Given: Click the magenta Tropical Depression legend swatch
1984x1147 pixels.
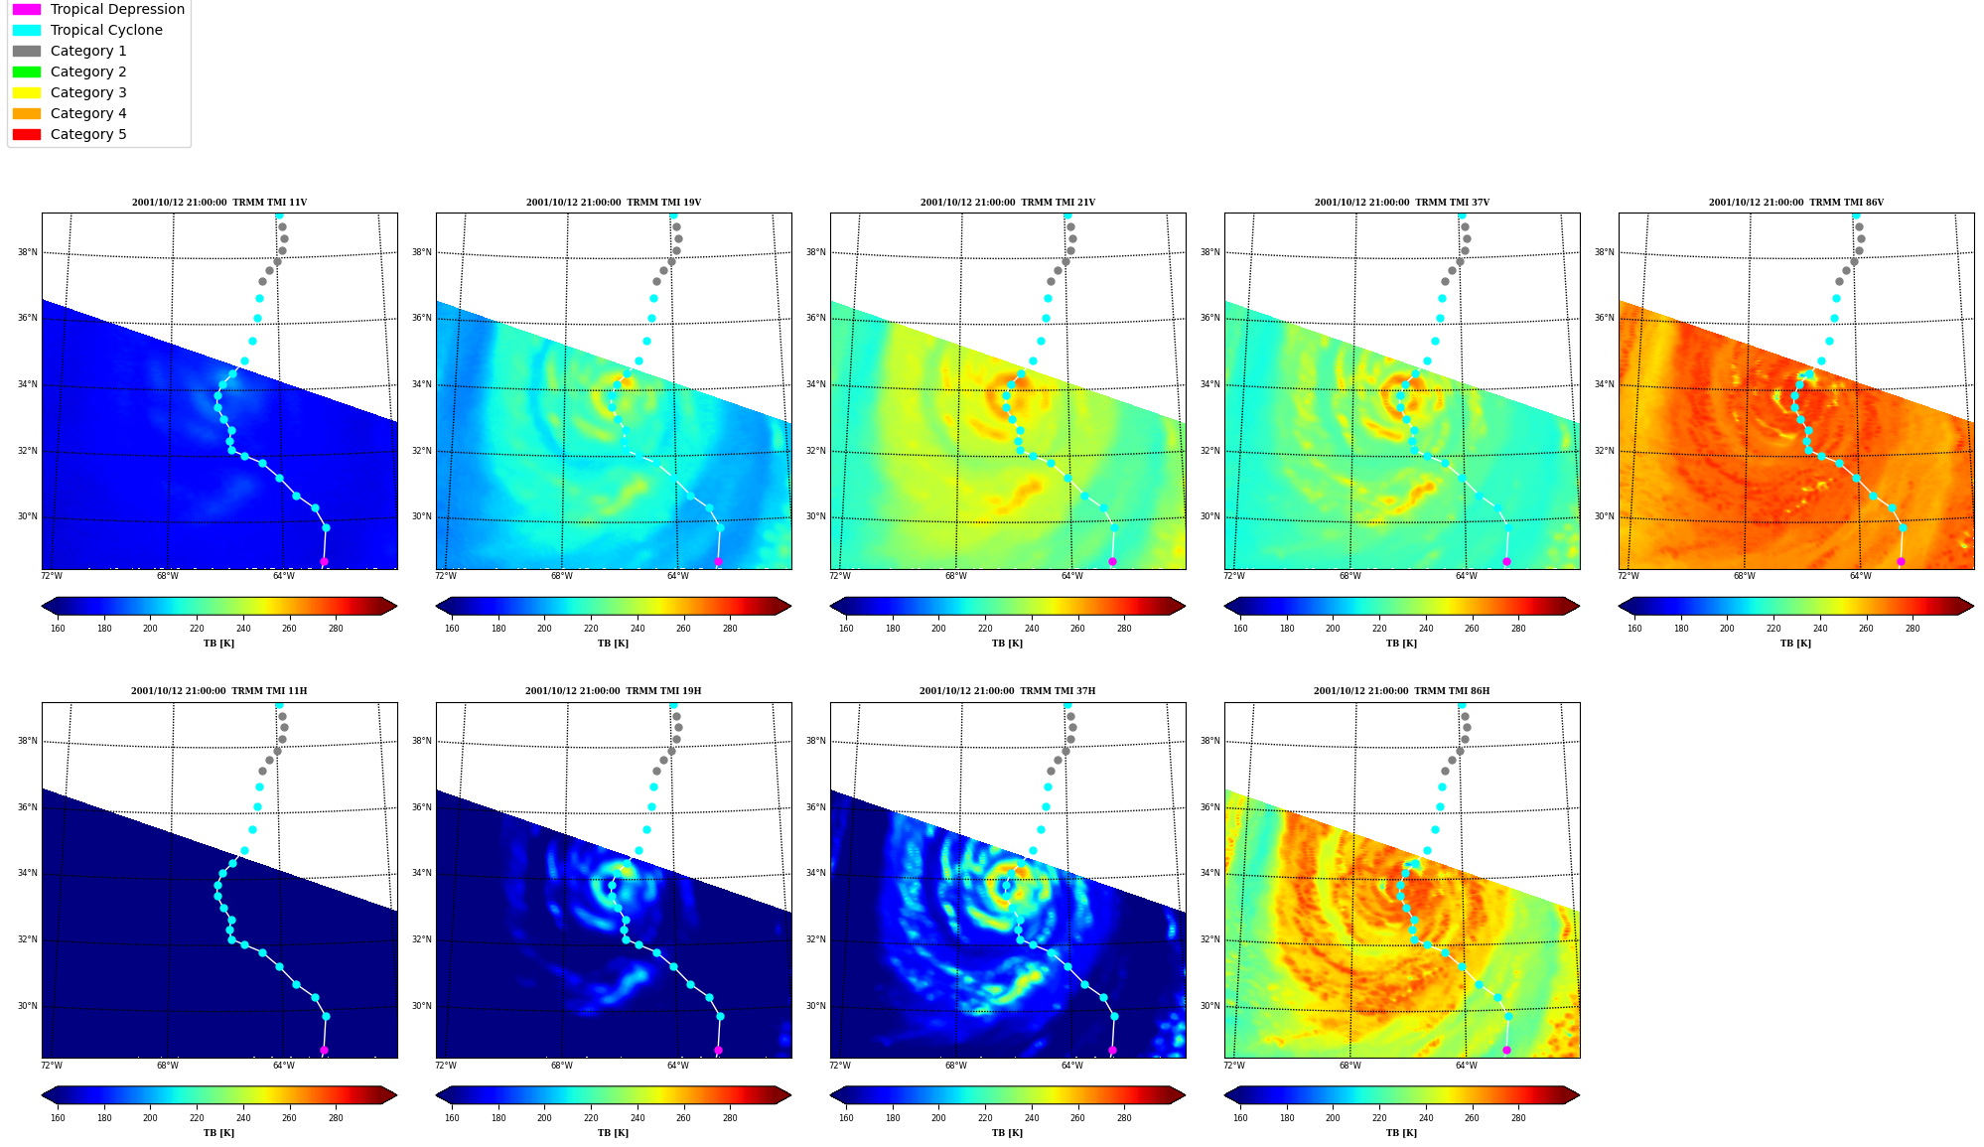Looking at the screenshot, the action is click(27, 9).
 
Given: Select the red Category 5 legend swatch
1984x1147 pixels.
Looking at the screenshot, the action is click(27, 134).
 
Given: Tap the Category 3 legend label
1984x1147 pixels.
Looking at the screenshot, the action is click(88, 92).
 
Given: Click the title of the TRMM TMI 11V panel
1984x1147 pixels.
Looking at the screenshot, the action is click(219, 203).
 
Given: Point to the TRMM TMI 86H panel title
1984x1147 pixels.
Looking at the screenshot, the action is click(1401, 691).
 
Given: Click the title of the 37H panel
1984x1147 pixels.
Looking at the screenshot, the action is click(1007, 691).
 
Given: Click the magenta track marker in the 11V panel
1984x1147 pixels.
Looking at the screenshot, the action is click(324, 562).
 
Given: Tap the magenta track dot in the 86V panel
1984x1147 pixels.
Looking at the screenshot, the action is click(1901, 562).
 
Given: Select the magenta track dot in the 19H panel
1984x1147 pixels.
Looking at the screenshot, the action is click(718, 1051).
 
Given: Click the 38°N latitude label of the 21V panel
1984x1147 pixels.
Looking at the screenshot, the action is click(815, 252).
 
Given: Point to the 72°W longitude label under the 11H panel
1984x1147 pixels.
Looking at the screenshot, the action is click(52, 1066).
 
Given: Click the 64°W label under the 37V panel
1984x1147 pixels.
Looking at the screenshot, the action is click(1466, 576).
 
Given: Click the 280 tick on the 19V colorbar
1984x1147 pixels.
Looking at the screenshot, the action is click(730, 628).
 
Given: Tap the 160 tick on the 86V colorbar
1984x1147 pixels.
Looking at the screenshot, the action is click(1634, 628).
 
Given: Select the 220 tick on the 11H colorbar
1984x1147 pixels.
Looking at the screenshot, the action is click(197, 1117).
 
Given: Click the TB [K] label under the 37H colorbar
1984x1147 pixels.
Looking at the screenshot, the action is click(1007, 1133).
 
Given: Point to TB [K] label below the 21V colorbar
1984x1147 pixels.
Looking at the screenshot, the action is click(1007, 644).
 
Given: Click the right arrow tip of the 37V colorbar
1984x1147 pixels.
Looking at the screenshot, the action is click(1579, 606).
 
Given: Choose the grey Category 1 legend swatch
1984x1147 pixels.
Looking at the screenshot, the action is click(27, 51).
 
